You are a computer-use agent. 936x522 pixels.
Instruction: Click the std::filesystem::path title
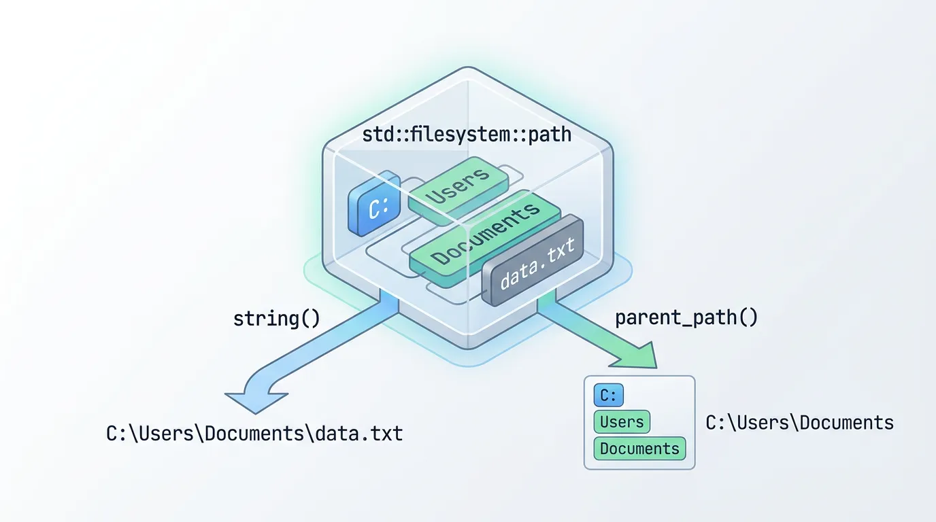pos(467,135)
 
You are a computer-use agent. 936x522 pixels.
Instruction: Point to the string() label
pos(276,319)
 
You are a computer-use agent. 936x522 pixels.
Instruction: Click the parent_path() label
pos(686,318)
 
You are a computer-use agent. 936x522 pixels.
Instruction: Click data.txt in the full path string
pos(358,433)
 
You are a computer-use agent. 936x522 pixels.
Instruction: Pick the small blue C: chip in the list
pos(608,396)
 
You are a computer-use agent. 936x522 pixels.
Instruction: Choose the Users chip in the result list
pos(622,422)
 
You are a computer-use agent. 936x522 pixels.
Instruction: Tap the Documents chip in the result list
pos(639,449)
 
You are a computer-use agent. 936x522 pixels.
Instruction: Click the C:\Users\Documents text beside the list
pos(799,423)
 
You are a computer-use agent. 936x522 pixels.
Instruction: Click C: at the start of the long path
pos(118,433)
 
